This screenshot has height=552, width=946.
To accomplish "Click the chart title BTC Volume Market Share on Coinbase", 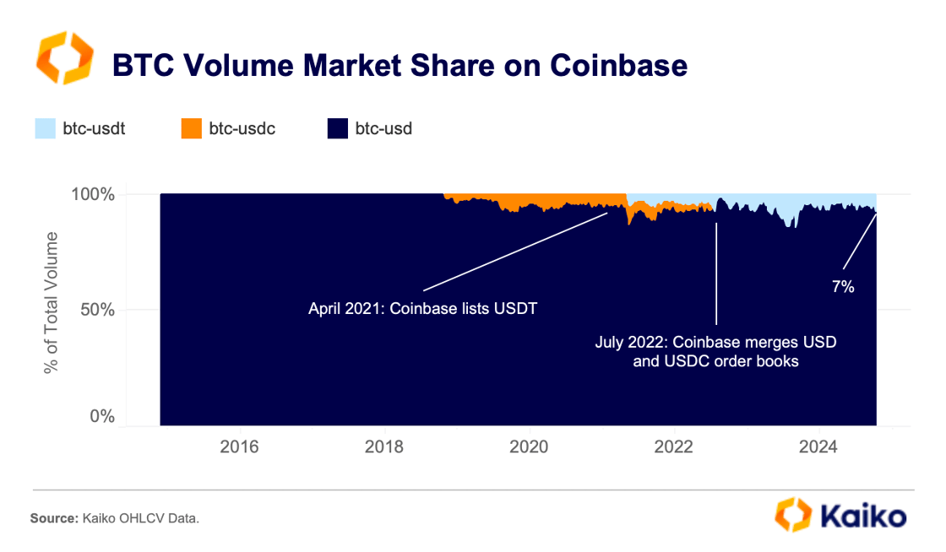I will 400,65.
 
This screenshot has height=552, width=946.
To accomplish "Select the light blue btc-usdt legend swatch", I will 44,129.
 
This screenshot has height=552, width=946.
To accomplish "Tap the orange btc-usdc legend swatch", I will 191,129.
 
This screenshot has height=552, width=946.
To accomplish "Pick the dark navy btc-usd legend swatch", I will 337,129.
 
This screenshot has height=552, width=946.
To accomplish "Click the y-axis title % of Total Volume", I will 52,301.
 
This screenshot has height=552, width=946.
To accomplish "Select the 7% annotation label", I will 843,287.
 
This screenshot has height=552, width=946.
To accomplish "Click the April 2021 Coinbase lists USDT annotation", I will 422,308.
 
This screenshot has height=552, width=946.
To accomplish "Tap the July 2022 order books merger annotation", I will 715,354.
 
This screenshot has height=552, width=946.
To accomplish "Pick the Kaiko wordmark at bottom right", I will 861,516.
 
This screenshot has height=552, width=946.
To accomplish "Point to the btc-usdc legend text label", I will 242,129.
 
